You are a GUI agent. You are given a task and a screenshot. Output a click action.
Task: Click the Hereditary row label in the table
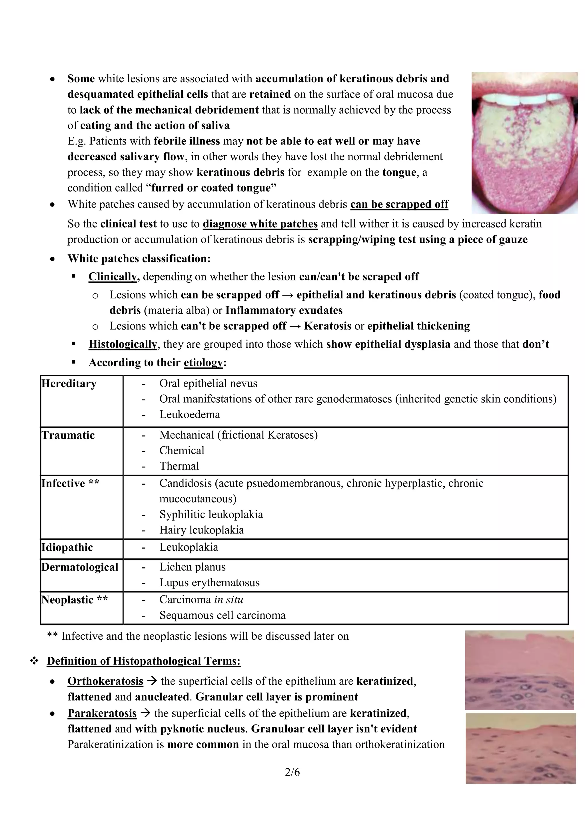pos(69,384)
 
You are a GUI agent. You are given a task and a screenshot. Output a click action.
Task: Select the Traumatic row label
pos(68,435)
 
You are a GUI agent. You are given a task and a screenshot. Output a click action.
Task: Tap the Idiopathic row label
pos(67,547)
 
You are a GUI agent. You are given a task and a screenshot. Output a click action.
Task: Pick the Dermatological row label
pos(80,567)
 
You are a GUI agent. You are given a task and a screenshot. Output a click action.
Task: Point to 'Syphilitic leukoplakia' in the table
pos(211,514)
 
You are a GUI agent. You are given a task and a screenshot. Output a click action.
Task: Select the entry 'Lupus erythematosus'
pos(209,583)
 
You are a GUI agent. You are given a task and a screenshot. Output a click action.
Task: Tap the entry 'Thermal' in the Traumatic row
pos(179,466)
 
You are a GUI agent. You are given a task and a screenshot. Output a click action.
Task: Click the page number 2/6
pos(292,772)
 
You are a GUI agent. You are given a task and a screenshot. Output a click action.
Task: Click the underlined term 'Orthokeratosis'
pos(105,681)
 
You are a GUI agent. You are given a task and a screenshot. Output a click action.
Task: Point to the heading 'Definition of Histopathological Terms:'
pos(143,661)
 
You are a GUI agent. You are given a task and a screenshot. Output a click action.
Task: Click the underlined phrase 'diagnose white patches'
pos(260,224)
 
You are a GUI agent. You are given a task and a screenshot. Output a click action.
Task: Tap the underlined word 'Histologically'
pos(123,344)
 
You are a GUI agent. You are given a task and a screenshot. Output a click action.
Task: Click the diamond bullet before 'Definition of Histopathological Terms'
pos(34,661)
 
